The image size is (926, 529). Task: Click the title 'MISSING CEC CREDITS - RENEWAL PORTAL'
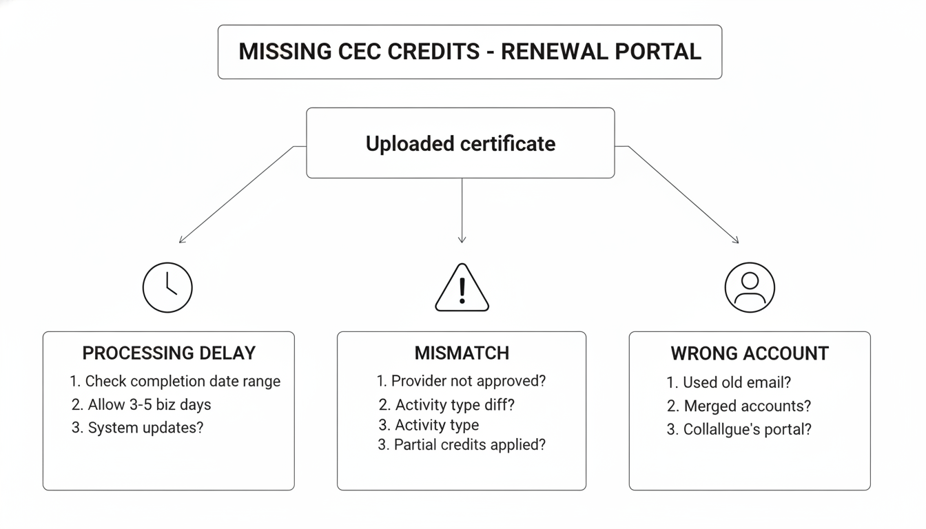470,52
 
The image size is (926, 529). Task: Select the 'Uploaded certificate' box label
460,143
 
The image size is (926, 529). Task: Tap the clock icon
167,288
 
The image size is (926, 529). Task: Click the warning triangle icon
462,288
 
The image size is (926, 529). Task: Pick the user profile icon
750,288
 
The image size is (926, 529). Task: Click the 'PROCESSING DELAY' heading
169,353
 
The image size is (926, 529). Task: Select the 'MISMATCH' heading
462,353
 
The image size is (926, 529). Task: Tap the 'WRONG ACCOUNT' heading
750,353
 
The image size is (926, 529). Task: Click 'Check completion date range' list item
175,381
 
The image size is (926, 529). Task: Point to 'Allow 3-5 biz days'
141,404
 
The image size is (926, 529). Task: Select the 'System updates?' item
138,427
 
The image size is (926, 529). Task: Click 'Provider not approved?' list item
462,381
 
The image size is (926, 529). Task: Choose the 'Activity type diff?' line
447,404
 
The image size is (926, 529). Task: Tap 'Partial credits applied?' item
462,445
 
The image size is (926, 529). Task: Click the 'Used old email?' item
729,382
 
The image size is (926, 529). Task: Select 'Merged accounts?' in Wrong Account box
739,406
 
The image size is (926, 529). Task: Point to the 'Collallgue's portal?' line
739,429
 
